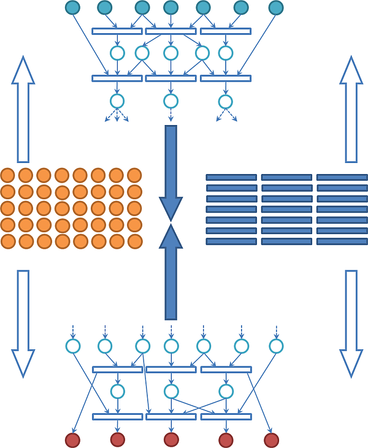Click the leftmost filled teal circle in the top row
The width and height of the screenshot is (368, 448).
click(x=73, y=7)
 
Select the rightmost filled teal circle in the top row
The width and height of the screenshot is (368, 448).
click(x=276, y=7)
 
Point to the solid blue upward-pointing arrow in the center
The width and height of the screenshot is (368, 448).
click(x=171, y=273)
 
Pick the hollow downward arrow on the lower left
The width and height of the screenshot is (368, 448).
click(x=23, y=324)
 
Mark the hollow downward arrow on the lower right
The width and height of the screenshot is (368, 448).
click(x=351, y=324)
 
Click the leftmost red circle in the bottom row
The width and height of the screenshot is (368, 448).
click(x=73, y=439)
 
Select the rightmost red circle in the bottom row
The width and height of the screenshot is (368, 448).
click(x=271, y=440)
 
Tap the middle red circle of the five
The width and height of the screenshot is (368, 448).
click(x=172, y=439)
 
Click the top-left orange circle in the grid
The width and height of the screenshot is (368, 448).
click(x=7, y=175)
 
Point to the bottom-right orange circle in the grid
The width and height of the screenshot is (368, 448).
click(x=134, y=241)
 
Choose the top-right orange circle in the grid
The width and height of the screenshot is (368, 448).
click(x=134, y=175)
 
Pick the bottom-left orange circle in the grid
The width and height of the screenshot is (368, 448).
click(x=7, y=241)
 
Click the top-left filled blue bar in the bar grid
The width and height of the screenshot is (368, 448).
click(x=231, y=177)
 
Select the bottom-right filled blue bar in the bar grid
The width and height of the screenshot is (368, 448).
click(x=342, y=241)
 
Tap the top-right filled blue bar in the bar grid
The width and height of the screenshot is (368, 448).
click(x=342, y=177)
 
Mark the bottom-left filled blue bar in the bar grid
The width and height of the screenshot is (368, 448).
click(x=231, y=241)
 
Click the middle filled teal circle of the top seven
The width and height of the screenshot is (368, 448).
click(x=171, y=7)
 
